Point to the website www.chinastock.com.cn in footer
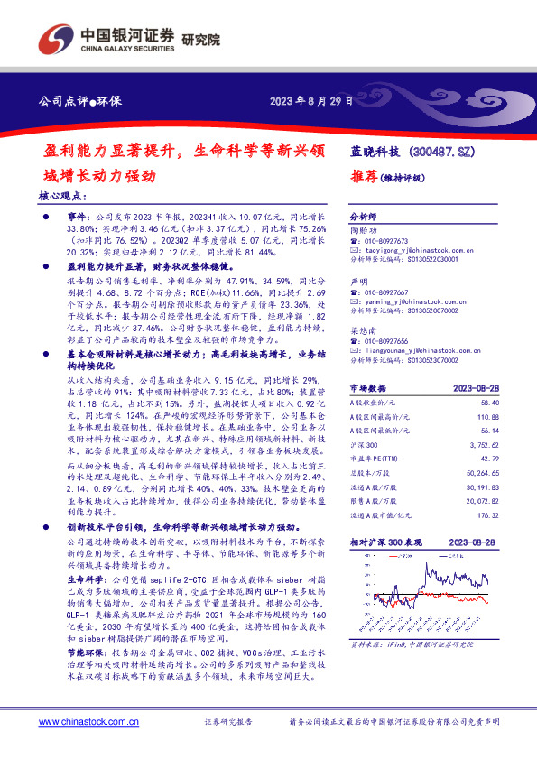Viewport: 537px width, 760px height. (x=87, y=723)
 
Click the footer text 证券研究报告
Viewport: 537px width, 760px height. (x=229, y=723)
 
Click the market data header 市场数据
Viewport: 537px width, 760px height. (x=367, y=387)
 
